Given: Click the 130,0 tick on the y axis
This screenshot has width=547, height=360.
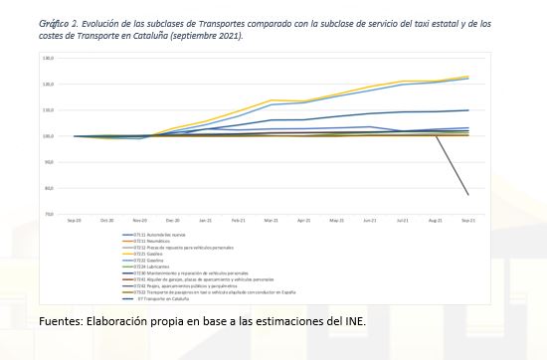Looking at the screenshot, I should (x=47, y=59).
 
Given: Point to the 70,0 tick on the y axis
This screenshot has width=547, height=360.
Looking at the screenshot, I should (x=47, y=214).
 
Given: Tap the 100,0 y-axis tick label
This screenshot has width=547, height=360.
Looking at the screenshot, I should (x=47, y=136).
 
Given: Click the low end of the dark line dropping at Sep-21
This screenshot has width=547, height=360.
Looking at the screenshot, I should (x=467, y=195).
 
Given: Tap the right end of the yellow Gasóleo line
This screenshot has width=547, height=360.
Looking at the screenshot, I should (x=467, y=77).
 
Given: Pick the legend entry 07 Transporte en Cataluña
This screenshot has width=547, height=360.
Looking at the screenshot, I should (x=165, y=298).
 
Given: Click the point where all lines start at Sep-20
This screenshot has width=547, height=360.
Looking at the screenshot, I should (x=74, y=136).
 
